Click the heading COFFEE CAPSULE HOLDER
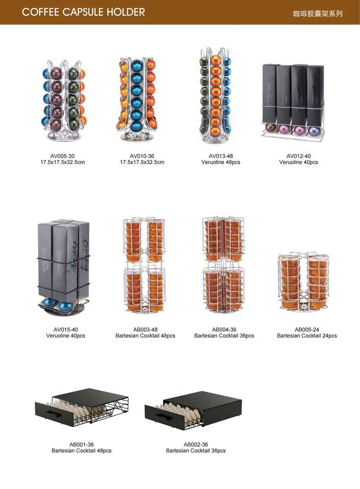point(84,12)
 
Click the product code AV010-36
point(142,156)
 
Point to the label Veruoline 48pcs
point(221,162)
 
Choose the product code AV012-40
point(299,156)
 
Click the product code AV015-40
point(66,330)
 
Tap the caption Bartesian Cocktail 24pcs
point(307,336)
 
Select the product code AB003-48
point(145,330)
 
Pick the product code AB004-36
point(224,330)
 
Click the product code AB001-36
point(81,445)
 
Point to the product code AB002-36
point(196,445)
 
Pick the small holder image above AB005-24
point(303,283)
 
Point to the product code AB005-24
point(307,330)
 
